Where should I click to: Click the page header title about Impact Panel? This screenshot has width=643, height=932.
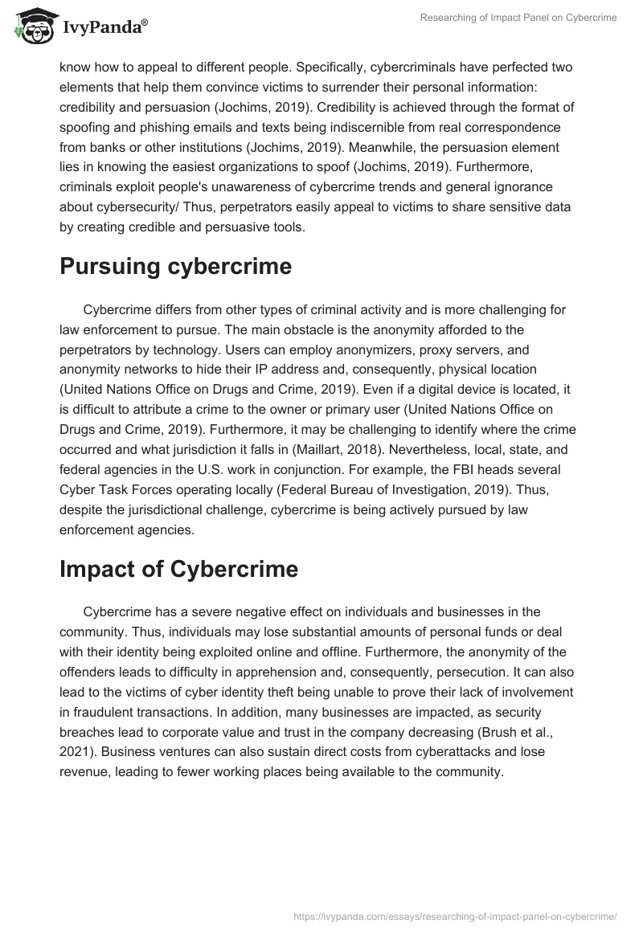518,18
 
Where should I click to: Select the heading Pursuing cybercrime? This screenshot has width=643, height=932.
175,268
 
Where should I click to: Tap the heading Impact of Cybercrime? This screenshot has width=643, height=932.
178,569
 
